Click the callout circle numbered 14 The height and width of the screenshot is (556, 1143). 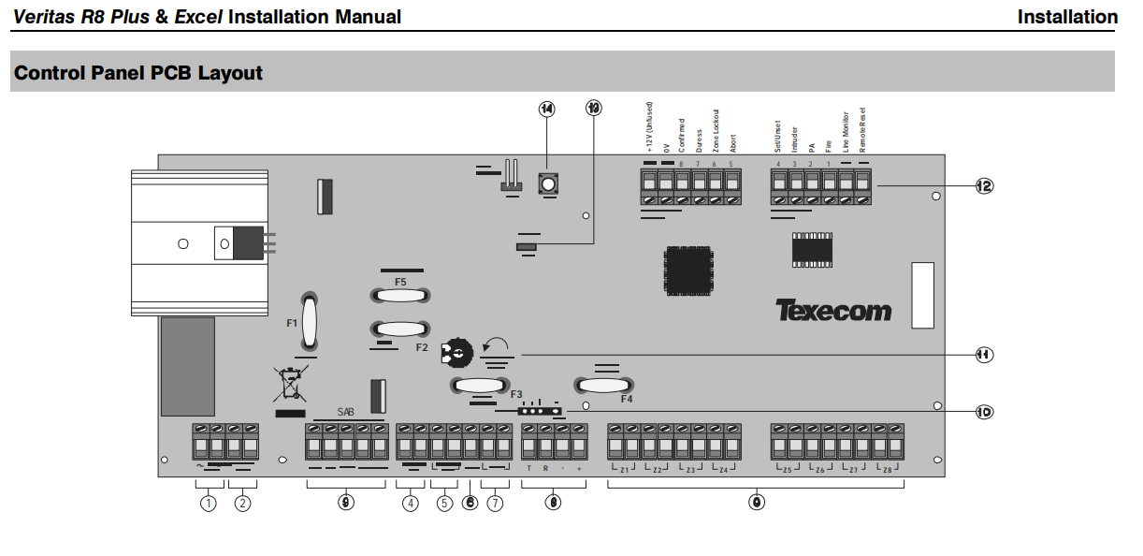click(x=546, y=109)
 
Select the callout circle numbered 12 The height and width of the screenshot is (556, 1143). click(x=983, y=186)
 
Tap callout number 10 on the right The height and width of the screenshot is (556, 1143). click(x=983, y=410)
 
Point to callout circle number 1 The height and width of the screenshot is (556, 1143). click(x=208, y=504)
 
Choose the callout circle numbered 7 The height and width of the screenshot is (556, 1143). click(x=495, y=504)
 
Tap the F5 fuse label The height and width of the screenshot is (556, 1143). click(x=400, y=282)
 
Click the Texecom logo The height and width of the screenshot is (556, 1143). click(x=833, y=311)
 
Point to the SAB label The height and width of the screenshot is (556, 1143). click(x=346, y=411)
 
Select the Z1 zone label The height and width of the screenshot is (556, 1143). click(x=625, y=468)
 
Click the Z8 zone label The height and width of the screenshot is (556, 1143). click(x=887, y=468)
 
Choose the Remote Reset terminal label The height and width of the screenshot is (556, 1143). click(x=863, y=128)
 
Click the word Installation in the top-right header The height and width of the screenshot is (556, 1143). click(x=1067, y=16)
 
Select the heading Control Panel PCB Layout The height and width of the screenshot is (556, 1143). click(x=138, y=72)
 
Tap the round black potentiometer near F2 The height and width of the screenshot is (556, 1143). click(x=457, y=352)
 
